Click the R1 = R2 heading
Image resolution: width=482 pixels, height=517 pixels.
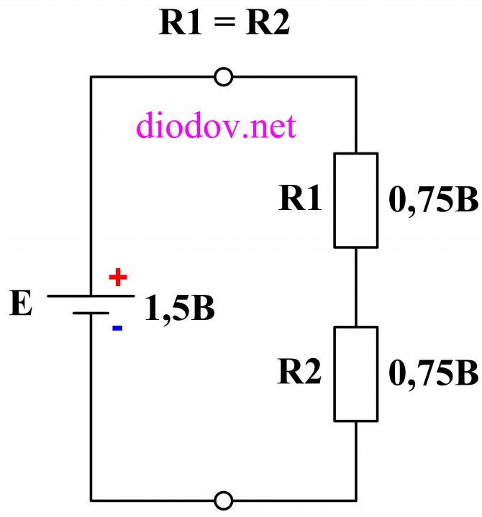point(224,22)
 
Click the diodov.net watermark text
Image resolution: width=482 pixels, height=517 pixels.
point(217,125)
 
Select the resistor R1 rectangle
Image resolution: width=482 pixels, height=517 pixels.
point(335,200)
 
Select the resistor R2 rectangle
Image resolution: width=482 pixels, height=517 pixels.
point(335,374)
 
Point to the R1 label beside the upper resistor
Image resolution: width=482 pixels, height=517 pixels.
point(300,198)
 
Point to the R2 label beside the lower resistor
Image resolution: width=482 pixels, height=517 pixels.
point(299,372)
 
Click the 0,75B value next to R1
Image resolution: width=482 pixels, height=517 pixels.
point(434,200)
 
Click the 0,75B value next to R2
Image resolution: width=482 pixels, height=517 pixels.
point(434,374)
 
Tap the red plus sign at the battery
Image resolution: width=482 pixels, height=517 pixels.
point(118,278)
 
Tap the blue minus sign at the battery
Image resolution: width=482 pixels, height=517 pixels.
point(117,328)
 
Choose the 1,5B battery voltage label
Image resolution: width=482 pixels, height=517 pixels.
point(180,308)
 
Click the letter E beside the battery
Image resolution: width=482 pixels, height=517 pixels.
point(21,303)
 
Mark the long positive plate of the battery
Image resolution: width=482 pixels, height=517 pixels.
point(91,296)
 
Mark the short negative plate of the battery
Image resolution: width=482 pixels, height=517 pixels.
point(91,313)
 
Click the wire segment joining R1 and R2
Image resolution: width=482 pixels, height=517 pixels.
point(356,287)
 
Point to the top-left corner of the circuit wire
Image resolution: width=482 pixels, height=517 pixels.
point(91,77)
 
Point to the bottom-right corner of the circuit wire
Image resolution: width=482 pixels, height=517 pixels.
point(356,501)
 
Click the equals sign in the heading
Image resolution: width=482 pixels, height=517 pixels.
point(224,22)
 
